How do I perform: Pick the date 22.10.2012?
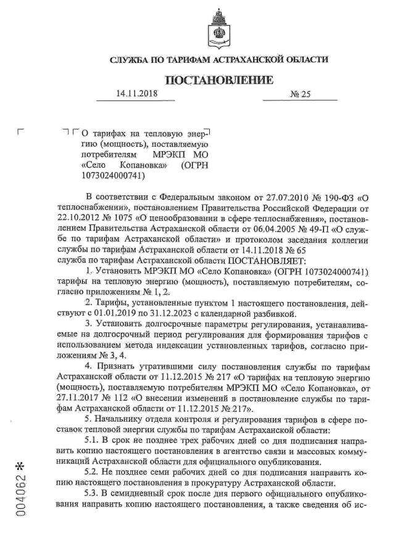coord(77,217)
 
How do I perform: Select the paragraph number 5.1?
coord(92,439)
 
